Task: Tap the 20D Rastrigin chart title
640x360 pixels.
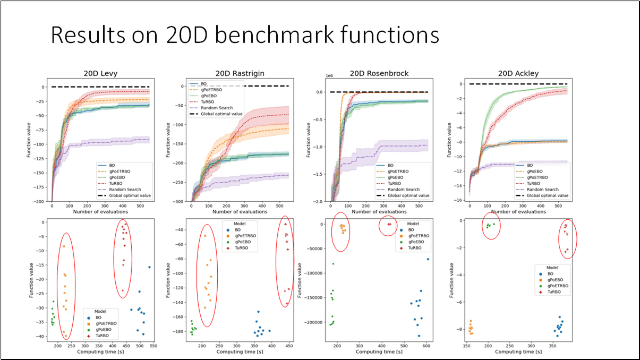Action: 240,73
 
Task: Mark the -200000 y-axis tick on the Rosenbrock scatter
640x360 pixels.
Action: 313,322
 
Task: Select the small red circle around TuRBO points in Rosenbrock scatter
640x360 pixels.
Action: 388,225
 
